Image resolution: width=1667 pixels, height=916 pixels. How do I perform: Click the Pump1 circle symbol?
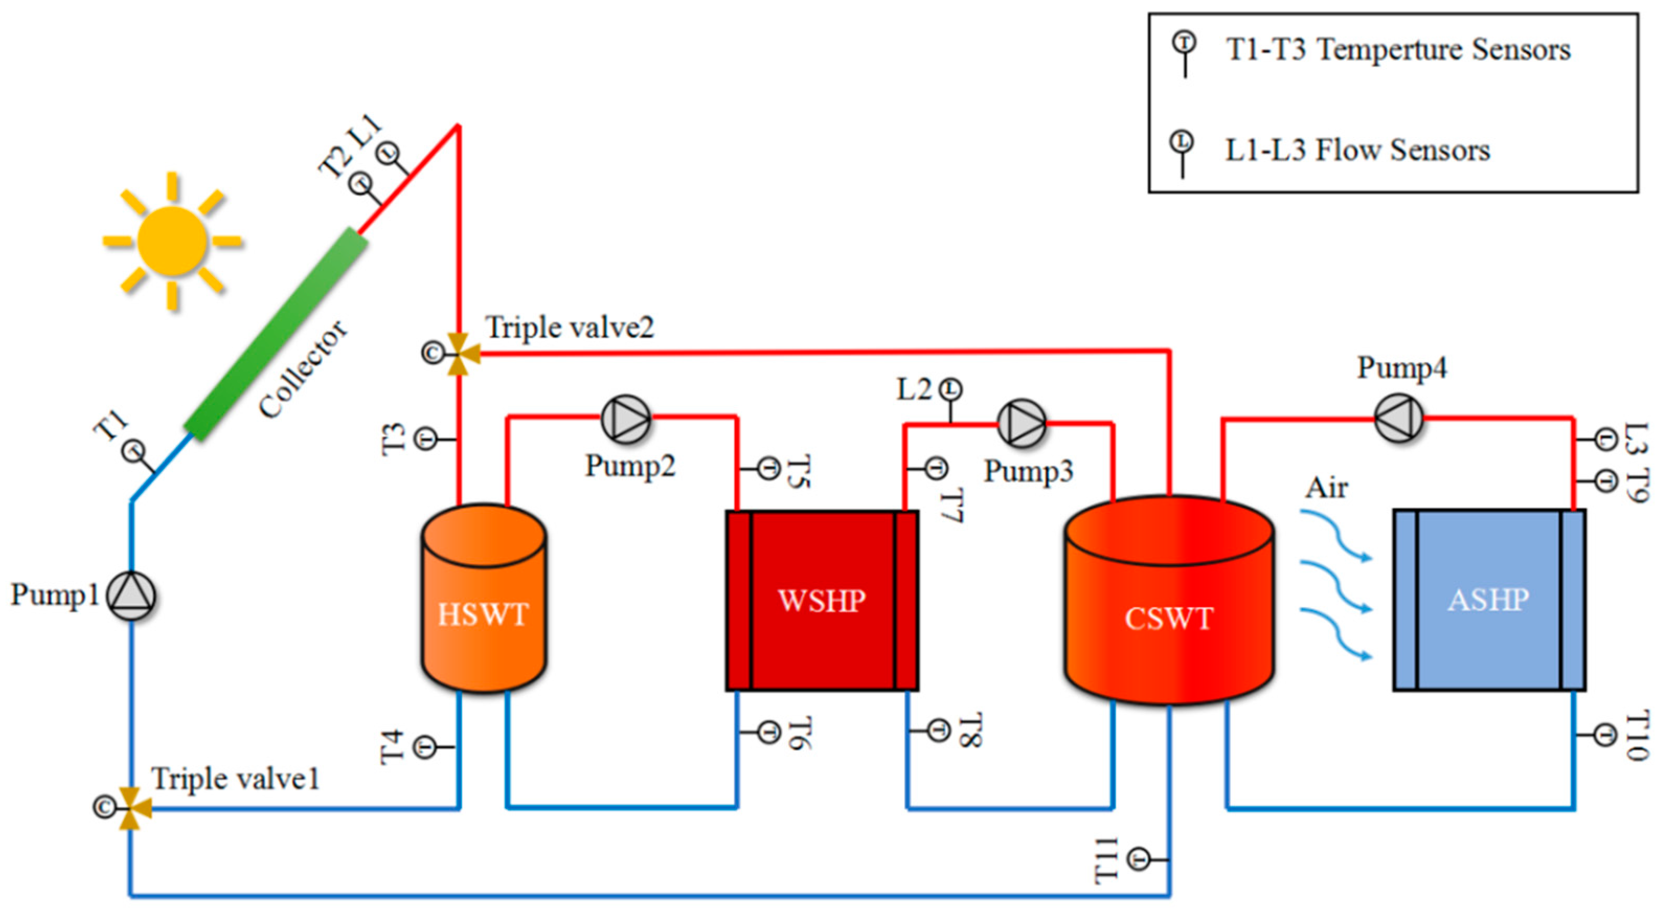131,595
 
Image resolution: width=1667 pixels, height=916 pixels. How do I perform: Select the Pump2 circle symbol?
626,419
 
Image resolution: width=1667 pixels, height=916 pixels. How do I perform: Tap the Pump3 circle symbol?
1021,423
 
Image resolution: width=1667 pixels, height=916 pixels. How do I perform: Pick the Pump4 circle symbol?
1398,419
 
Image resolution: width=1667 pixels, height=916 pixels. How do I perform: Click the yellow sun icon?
172,241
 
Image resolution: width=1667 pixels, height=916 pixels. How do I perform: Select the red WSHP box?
822,600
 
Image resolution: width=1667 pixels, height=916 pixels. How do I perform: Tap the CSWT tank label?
1169,619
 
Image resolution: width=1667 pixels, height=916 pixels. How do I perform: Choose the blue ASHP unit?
1489,600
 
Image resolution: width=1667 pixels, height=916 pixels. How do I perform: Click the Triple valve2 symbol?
459,354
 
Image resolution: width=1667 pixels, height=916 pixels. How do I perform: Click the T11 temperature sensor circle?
1139,860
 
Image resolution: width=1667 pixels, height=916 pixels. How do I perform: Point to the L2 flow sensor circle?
950,390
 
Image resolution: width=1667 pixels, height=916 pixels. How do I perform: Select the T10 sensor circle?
1604,735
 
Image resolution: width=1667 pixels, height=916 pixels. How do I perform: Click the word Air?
1326,488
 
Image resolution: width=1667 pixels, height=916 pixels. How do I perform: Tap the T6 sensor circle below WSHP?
768,732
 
